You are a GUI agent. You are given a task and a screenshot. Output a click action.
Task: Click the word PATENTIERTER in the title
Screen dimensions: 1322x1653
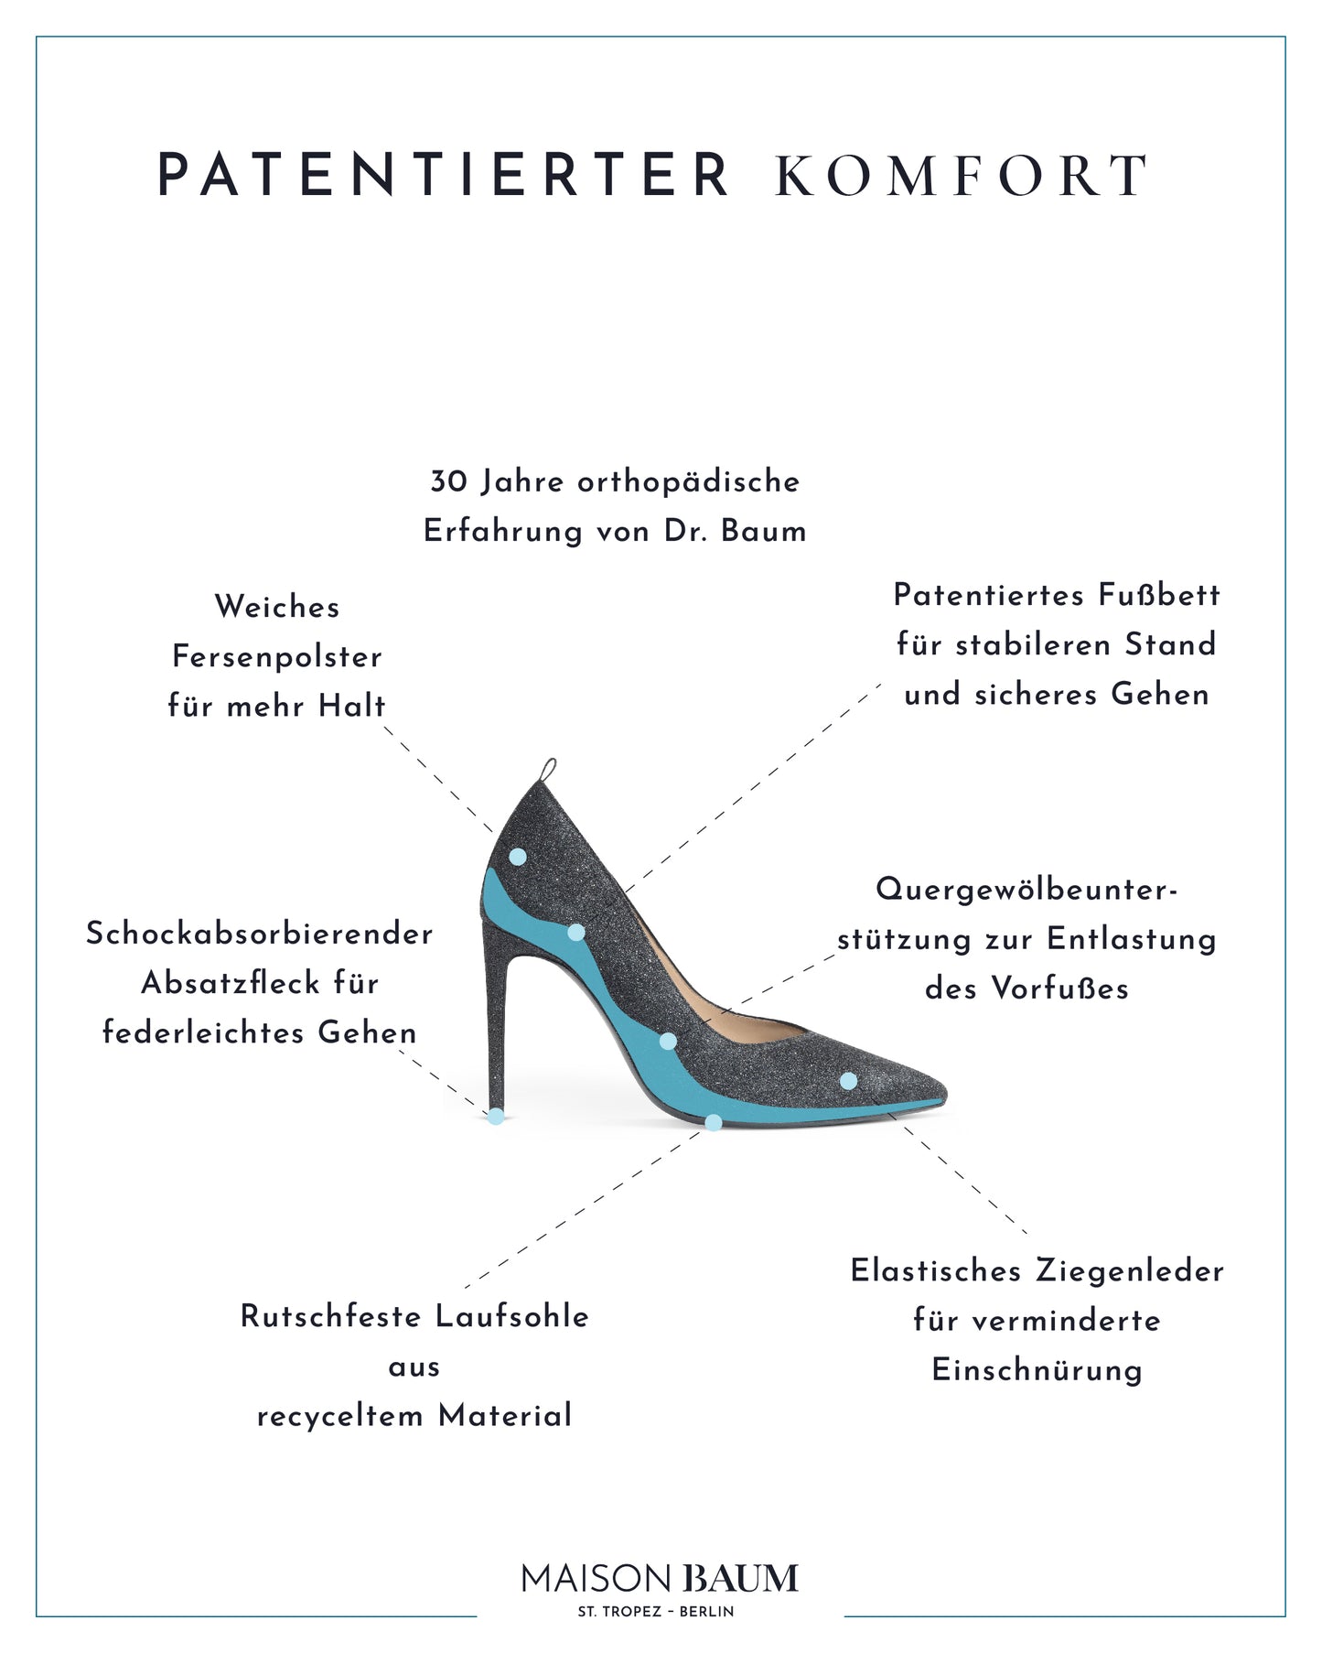(444, 175)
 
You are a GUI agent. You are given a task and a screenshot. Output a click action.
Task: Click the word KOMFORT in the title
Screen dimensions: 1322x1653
(962, 176)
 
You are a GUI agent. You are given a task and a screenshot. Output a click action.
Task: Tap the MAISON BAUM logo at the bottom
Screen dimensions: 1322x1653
(661, 1578)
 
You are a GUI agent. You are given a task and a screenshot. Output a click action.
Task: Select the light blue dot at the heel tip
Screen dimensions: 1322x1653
(496, 1116)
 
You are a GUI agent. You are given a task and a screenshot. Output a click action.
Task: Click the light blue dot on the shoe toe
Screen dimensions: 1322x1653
(848, 1081)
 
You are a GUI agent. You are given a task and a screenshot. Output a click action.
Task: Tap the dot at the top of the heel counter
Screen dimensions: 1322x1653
(518, 857)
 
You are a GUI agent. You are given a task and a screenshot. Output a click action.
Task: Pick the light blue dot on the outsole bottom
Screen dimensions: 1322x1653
(714, 1122)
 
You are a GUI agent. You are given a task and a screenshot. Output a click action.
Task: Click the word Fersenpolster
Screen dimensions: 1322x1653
(277, 657)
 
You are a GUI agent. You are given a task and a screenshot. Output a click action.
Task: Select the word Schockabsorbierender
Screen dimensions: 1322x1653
(260, 935)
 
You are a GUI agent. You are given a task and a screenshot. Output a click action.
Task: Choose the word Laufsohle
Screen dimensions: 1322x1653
(512, 1317)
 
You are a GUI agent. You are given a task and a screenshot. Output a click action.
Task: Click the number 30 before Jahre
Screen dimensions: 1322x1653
(449, 482)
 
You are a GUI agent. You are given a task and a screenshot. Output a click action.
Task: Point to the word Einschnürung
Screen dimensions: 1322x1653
(1037, 1371)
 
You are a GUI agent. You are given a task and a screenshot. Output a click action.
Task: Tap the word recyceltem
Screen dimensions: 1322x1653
(339, 1417)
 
